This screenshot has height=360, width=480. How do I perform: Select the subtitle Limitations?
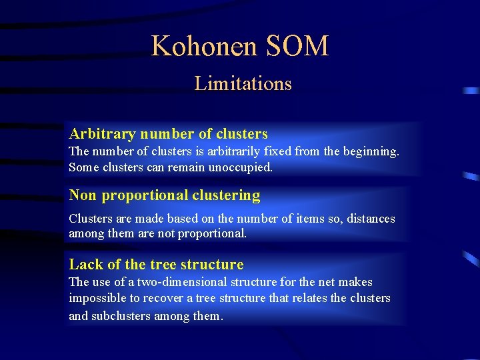coord(243,84)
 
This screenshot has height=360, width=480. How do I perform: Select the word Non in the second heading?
coord(83,195)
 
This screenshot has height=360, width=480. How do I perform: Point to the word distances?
coord(373,219)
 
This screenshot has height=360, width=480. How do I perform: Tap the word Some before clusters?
coord(83,167)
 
